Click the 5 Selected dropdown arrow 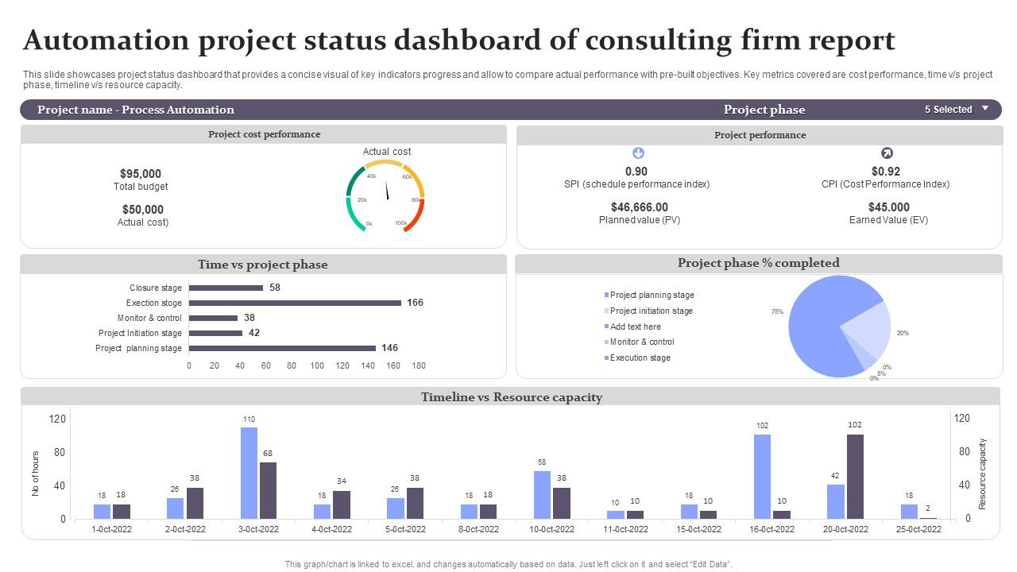985,109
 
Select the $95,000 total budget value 141,173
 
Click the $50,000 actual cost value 143,210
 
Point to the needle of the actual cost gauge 387,191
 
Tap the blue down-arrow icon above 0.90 637,153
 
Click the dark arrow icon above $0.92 887,153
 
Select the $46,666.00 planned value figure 640,207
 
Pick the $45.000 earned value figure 888,207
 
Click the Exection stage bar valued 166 295,303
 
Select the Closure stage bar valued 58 226,288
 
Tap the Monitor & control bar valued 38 213,318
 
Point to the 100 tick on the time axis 317,365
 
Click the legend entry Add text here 635,327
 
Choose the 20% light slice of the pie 868,330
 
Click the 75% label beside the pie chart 777,312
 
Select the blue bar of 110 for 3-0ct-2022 249,473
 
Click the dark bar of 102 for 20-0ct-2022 855,476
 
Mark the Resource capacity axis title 983,473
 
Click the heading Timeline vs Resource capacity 512,397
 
